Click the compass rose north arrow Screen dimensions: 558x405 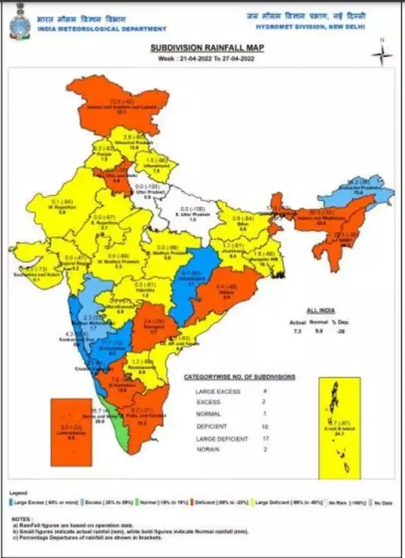pyautogui.click(x=381, y=54)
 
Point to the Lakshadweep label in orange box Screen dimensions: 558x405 pyautogui.click(x=70, y=433)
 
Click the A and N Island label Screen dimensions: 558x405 pyautogui.click(x=338, y=424)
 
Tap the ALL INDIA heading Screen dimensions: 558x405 pyautogui.click(x=320, y=311)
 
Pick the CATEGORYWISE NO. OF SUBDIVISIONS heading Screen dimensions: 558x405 pyautogui.click(x=239, y=376)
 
